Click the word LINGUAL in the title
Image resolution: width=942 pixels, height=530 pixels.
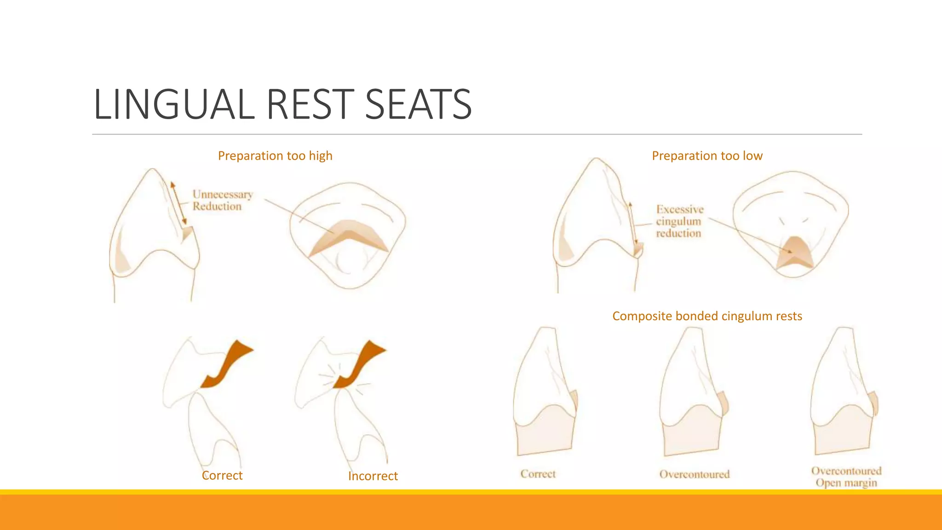click(174, 105)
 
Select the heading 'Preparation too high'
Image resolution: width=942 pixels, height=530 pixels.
click(275, 156)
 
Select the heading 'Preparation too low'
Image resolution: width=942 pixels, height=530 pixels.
click(707, 156)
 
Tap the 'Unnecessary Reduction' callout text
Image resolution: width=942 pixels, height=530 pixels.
click(222, 201)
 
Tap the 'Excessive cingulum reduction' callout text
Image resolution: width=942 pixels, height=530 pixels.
click(679, 221)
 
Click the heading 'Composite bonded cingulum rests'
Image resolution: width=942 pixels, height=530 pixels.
click(707, 316)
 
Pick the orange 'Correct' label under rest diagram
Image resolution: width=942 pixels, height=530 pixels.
click(222, 475)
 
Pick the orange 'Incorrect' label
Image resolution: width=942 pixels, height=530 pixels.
click(373, 476)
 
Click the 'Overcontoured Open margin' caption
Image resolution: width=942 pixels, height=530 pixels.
click(846, 477)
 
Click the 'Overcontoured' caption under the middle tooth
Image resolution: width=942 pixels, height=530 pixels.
click(694, 474)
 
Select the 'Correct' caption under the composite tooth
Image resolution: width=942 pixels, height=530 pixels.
click(538, 474)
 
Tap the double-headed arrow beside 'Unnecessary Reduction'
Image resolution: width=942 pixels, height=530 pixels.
click(178, 202)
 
